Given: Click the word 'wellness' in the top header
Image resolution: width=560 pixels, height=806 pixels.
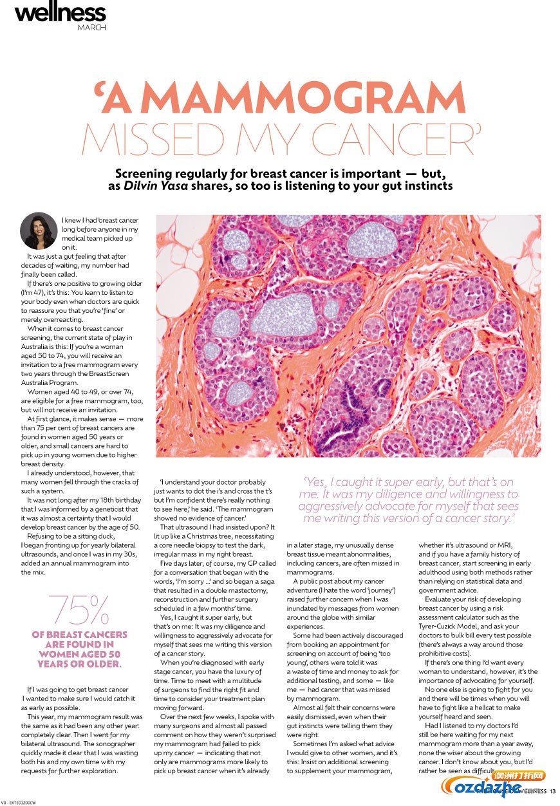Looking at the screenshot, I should click(x=61, y=12).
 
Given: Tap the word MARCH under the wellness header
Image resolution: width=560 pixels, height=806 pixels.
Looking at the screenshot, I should click(x=92, y=27).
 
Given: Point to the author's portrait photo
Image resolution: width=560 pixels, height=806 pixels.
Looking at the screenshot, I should click(x=39, y=231).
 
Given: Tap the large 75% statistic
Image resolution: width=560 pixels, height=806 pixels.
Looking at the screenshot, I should click(x=79, y=610).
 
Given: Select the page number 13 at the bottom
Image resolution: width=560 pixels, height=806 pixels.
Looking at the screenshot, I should click(x=552, y=791).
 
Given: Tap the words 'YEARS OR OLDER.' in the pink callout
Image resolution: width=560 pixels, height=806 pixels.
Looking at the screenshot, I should click(x=79, y=663).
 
